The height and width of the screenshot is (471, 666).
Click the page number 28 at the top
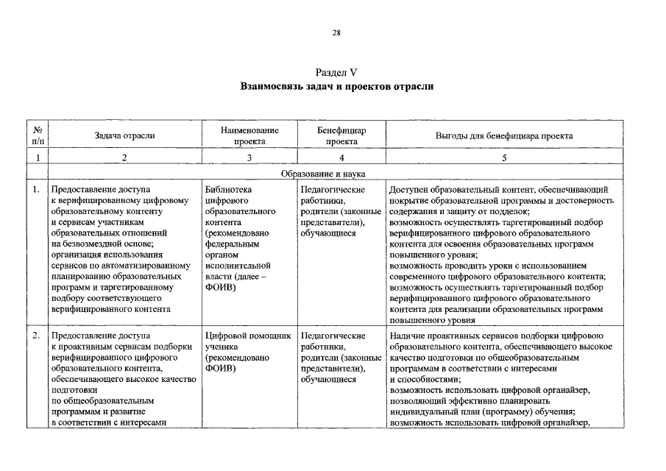click(x=336, y=33)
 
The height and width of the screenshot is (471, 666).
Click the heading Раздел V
click(x=336, y=73)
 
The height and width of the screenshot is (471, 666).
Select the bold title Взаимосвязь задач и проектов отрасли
click(x=336, y=87)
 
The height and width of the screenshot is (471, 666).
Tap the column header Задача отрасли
click(x=124, y=135)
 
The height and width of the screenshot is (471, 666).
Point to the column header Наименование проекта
click(x=249, y=135)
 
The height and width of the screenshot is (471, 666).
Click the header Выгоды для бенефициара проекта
click(x=504, y=135)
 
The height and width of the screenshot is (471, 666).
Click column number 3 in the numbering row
click(x=249, y=157)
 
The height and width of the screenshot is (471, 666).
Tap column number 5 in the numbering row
click(x=504, y=157)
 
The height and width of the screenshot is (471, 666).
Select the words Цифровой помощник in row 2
click(x=249, y=336)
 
